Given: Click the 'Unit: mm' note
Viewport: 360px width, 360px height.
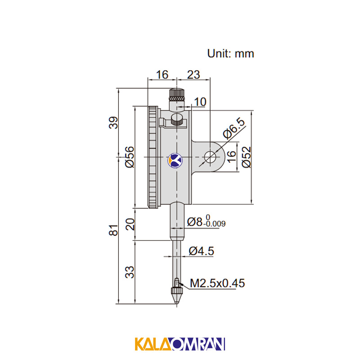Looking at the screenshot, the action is [x=230, y=54].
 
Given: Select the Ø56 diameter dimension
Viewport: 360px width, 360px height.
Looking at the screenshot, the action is [x=130, y=157].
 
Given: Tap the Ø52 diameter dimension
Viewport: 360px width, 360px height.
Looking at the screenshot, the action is [x=247, y=157].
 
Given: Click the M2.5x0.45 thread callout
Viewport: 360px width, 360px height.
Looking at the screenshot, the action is [x=217, y=283].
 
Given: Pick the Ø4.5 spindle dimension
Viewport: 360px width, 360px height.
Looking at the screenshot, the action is [x=201, y=251].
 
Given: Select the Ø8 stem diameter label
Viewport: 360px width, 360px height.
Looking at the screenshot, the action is [x=195, y=222].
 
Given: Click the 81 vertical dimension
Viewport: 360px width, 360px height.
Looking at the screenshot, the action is [x=113, y=230].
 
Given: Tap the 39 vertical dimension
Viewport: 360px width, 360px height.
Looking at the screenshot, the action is [x=113, y=123].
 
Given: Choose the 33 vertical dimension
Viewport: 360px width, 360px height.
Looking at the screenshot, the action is [x=130, y=272].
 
